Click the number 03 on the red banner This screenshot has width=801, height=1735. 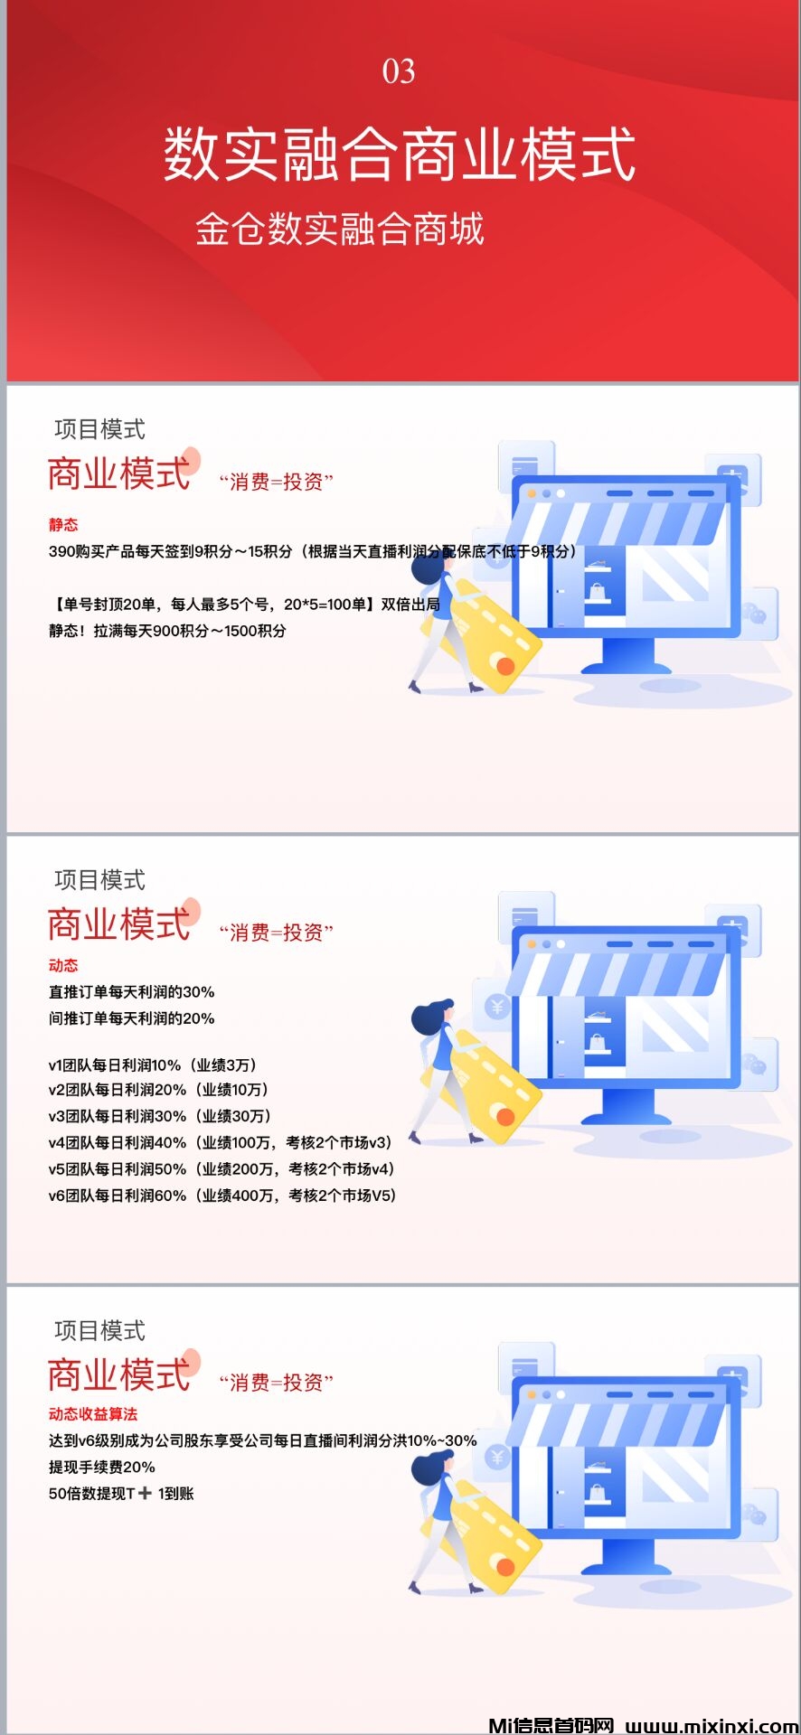[x=399, y=71]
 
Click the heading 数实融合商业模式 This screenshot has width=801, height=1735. [x=400, y=154]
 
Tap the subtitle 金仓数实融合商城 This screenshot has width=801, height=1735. [x=340, y=229]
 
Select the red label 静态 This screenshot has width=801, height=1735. [x=63, y=524]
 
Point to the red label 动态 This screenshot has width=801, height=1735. [x=63, y=965]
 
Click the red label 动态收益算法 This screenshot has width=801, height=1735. [x=93, y=1413]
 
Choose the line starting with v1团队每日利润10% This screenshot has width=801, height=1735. [x=153, y=1064]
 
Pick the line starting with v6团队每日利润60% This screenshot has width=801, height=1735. [x=222, y=1195]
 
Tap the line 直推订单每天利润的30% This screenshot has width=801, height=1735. [x=132, y=991]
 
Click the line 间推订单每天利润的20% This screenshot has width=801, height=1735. [x=132, y=1018]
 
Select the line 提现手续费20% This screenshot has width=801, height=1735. [x=102, y=1467]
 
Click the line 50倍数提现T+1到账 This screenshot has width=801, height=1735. [x=121, y=1493]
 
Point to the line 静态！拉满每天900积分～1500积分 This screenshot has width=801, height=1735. [x=167, y=631]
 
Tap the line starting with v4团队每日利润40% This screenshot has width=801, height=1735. [x=220, y=1142]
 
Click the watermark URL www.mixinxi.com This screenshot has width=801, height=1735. [x=711, y=1725]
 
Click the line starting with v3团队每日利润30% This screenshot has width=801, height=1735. [x=160, y=1116]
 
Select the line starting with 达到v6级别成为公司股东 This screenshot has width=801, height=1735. [x=262, y=1440]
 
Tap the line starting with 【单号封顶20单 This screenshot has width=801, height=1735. [x=244, y=604]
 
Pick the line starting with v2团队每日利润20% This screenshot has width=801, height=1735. [x=158, y=1090]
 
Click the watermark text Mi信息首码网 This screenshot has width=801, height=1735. [x=551, y=1725]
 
